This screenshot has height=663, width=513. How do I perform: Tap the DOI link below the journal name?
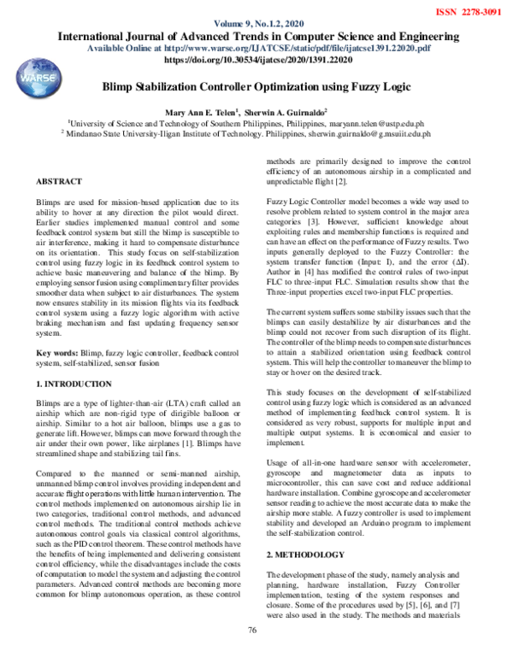pyautogui.click(x=257, y=62)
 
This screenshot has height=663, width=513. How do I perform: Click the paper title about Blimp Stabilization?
pyautogui.click(x=256, y=88)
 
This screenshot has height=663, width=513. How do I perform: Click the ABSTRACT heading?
pyautogui.click(x=59, y=182)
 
